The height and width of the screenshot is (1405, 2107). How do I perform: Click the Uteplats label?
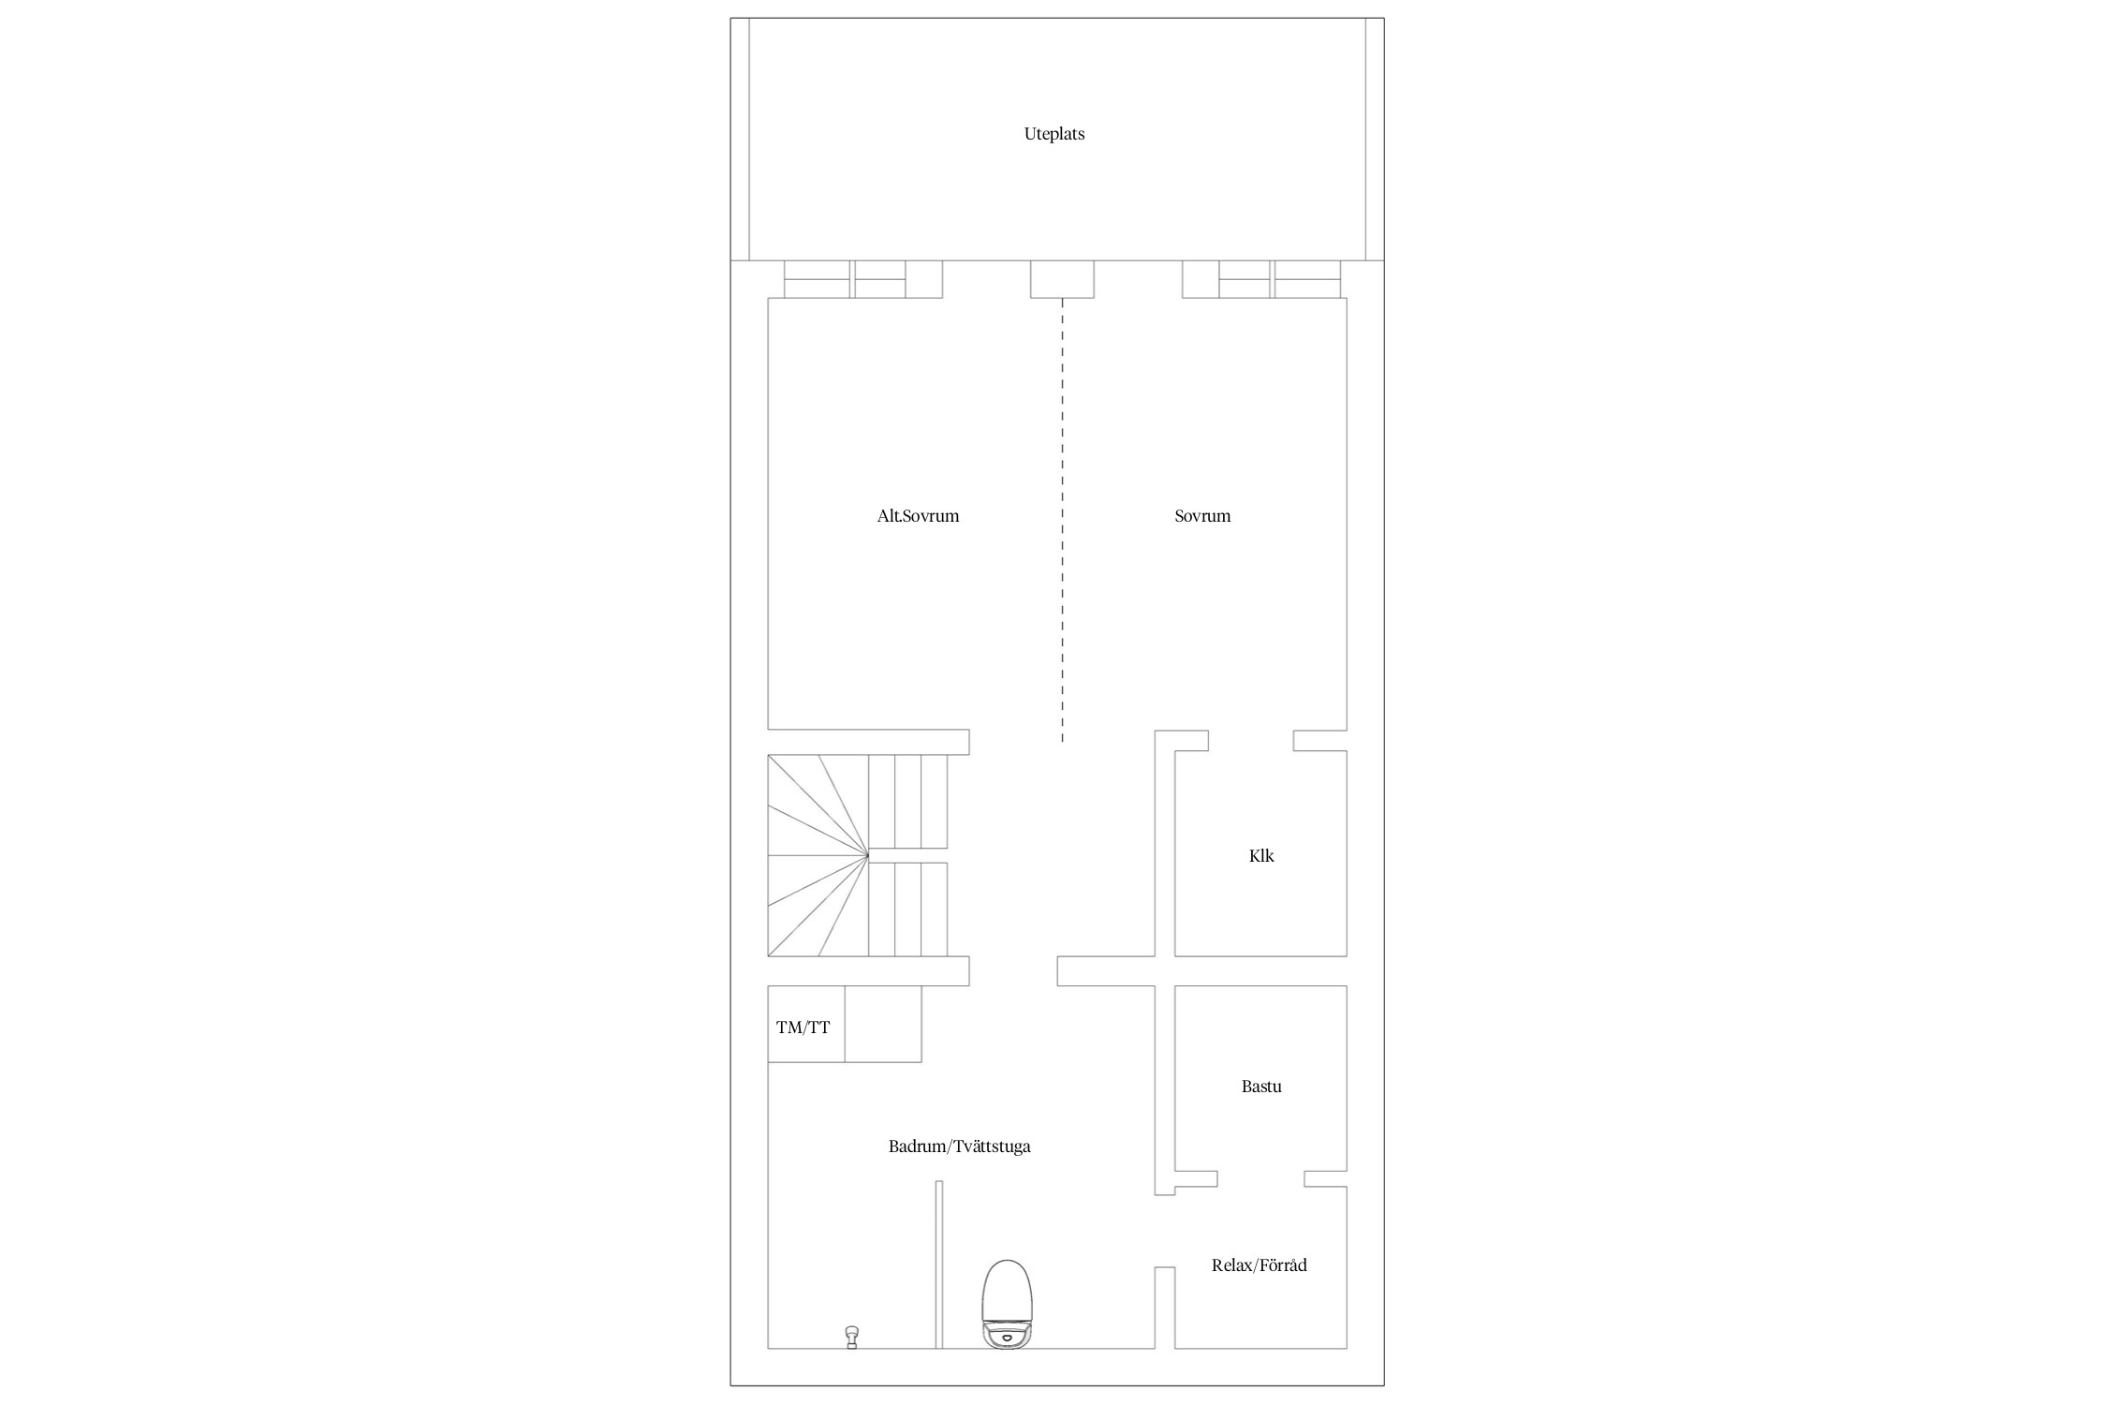(1053, 134)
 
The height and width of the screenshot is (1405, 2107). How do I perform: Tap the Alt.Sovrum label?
(918, 516)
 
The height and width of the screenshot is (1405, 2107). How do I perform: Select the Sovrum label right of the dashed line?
(1202, 516)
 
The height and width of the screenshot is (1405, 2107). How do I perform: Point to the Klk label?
(1261, 856)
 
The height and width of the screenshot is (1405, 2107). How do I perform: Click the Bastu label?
(1261, 1087)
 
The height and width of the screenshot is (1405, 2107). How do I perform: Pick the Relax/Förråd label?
(1259, 1265)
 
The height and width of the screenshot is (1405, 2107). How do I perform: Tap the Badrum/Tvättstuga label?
(959, 1146)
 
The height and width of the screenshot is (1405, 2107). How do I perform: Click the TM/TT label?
(803, 1028)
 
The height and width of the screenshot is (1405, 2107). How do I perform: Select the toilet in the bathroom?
(1007, 1304)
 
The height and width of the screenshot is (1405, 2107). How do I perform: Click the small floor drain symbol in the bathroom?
(851, 1337)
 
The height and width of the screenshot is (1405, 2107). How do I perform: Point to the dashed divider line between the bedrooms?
(1062, 521)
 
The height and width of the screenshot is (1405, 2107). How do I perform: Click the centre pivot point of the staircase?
(868, 855)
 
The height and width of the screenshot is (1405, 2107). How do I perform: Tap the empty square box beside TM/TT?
(883, 1024)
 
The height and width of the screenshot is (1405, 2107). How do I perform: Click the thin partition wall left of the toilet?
(938, 1264)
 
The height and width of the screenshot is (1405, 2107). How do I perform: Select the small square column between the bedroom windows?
(1062, 279)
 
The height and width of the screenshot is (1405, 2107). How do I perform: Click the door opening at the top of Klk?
(1251, 741)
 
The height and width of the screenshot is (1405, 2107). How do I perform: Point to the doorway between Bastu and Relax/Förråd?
(1260, 1178)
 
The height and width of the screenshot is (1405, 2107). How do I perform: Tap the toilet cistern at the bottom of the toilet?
(1007, 1335)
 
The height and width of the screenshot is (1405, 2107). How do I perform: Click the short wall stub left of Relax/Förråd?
(1164, 1308)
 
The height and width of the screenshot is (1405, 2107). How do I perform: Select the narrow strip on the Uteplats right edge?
(1375, 139)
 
